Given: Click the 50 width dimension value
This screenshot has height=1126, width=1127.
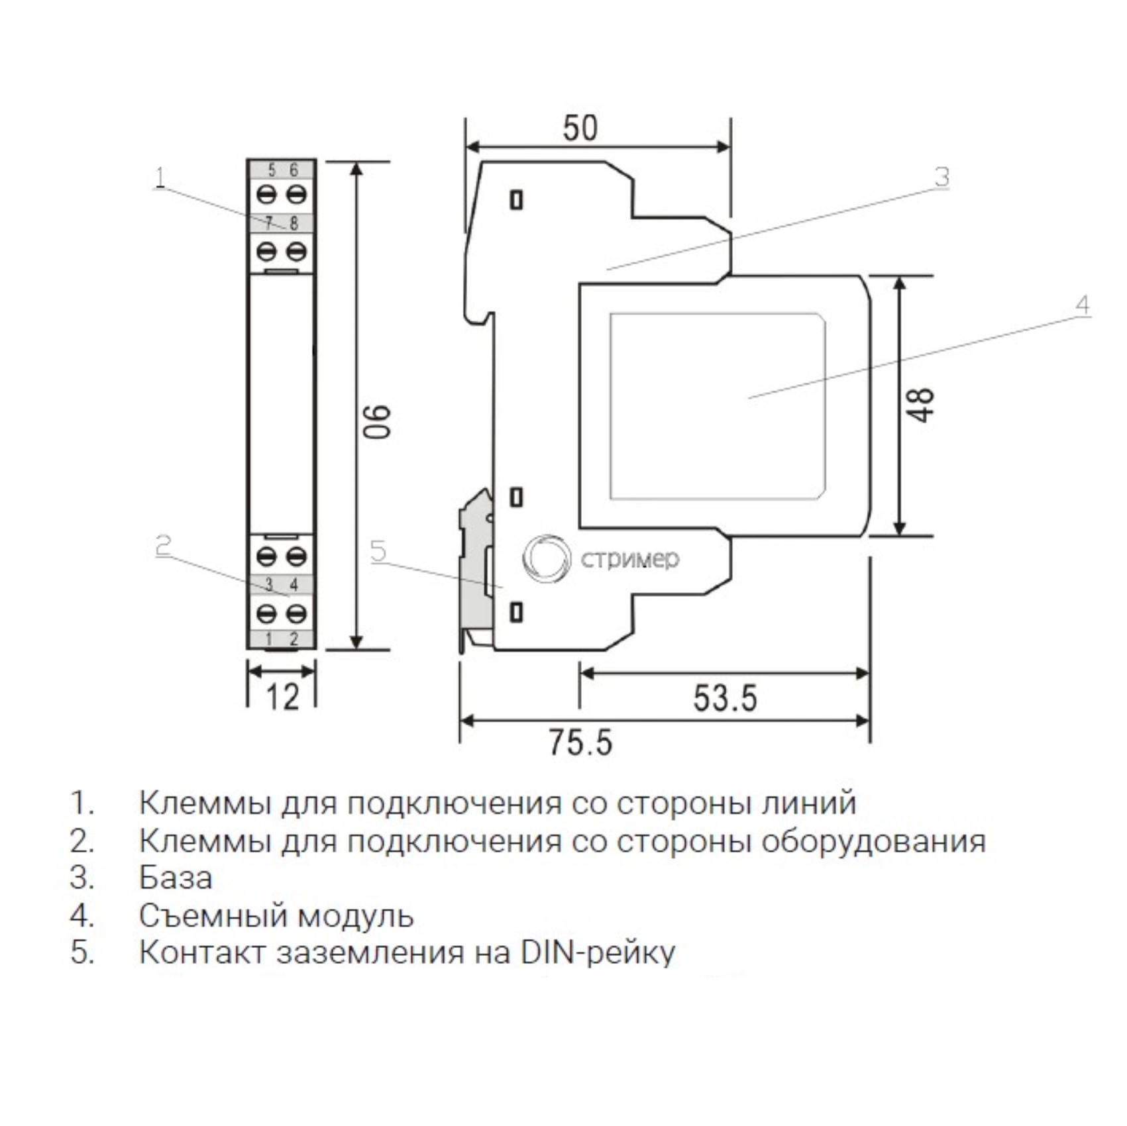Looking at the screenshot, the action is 580,128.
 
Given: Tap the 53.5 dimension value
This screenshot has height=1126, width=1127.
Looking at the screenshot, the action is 725,697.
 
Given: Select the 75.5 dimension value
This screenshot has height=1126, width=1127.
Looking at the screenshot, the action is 580,742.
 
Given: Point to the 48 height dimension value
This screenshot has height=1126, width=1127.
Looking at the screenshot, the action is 922,404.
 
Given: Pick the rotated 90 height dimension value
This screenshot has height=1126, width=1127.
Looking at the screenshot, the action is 378,421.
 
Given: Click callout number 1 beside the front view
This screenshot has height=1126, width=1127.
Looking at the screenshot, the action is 159,178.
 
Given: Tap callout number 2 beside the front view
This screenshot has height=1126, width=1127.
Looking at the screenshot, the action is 163,546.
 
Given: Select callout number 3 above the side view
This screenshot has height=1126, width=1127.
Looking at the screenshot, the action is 941,177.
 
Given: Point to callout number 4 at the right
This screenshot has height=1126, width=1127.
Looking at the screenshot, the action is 1082,305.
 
